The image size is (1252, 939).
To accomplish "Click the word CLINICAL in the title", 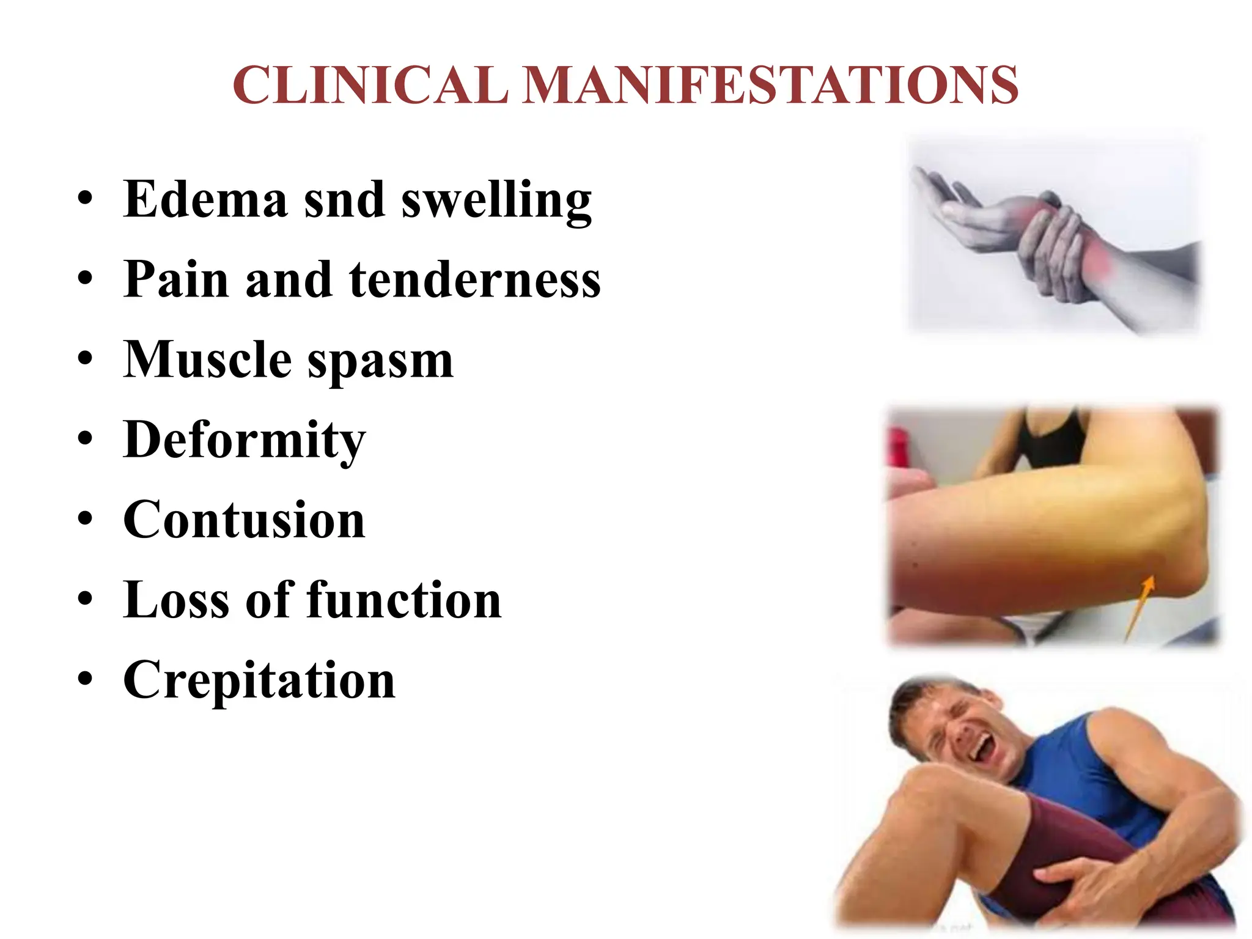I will (x=370, y=86).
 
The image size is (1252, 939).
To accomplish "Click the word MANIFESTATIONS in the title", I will (x=770, y=86).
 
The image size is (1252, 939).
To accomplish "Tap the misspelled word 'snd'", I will (x=344, y=201).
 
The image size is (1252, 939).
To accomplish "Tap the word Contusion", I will (x=244, y=520).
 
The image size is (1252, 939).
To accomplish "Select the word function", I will (x=404, y=600).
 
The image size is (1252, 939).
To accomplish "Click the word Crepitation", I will (x=259, y=681).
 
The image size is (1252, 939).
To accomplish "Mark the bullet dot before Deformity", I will (x=86, y=439).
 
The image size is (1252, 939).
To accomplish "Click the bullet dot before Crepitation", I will (x=86, y=679).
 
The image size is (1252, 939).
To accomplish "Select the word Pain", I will (x=176, y=279).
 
